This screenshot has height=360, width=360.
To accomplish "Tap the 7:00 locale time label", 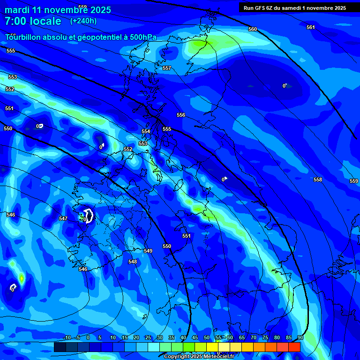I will click(x=33, y=21).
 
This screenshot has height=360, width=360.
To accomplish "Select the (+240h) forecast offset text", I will click(x=83, y=21).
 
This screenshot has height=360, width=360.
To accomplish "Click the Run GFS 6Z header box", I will click(x=295, y=7).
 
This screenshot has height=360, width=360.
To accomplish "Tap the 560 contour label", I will click(x=253, y=29).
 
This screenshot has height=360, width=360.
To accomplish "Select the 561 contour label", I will click(x=311, y=27).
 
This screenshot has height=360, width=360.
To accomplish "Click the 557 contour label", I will click(x=167, y=68).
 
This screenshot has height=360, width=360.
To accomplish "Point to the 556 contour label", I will click(x=181, y=115).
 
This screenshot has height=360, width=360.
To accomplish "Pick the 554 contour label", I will click(x=146, y=132).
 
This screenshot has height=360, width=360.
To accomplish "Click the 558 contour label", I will click(x=318, y=180).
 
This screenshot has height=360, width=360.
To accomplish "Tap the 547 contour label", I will click(x=63, y=218).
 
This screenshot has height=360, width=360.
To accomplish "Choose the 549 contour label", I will click(x=148, y=251).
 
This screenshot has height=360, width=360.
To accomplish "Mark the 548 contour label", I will click(x=133, y=262).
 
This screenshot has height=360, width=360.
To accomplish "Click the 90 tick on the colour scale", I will click(x=300, y=337).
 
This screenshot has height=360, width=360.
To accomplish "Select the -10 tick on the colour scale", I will click(x=67, y=337).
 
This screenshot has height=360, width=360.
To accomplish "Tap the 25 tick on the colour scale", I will click(x=148, y=337).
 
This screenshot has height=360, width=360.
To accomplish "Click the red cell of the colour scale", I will click(x=294, y=347).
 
